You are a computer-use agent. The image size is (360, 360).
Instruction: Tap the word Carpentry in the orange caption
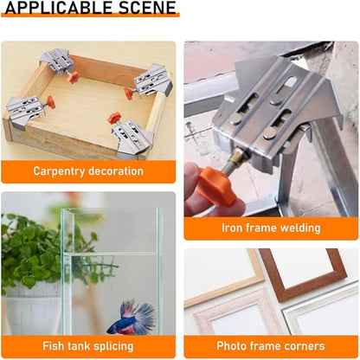point(63,171)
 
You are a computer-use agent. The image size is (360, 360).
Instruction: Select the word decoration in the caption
point(119,171)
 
